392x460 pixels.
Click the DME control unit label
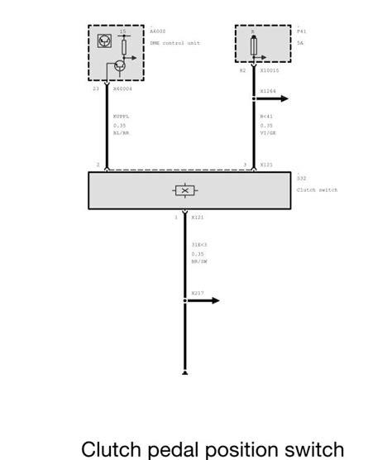point(174,43)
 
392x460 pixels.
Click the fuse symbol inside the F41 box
point(253,44)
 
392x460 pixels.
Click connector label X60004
point(123,89)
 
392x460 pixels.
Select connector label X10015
point(269,71)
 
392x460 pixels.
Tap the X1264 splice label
point(268,91)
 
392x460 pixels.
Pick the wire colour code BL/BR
point(121,133)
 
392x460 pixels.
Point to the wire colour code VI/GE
point(267,133)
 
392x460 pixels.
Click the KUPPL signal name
point(121,117)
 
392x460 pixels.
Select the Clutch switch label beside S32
point(317,189)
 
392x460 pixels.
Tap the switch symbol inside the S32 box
point(184,191)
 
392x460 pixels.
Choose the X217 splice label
point(198,293)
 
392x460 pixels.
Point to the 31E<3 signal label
point(198,244)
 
